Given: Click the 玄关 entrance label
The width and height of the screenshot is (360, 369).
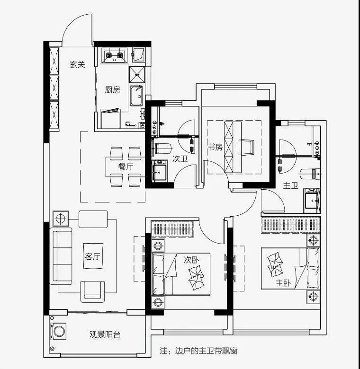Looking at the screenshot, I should [x=77, y=64].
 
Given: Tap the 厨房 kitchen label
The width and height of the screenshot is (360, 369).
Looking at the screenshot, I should [x=112, y=90].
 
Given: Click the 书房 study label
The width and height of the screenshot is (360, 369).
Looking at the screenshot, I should [x=215, y=147].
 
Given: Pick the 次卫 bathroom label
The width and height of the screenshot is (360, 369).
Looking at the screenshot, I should [x=180, y=159].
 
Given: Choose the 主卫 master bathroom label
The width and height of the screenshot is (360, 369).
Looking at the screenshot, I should [x=290, y=186].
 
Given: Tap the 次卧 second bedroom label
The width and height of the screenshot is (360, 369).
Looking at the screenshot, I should [x=191, y=260].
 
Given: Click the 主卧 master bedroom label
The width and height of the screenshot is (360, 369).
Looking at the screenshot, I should [x=283, y=283].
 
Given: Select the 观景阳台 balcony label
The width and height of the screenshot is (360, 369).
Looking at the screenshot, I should [x=105, y=334].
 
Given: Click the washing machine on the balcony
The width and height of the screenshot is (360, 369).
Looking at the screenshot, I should [x=59, y=331].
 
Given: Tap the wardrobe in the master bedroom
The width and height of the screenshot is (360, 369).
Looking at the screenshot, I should [x=290, y=225].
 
